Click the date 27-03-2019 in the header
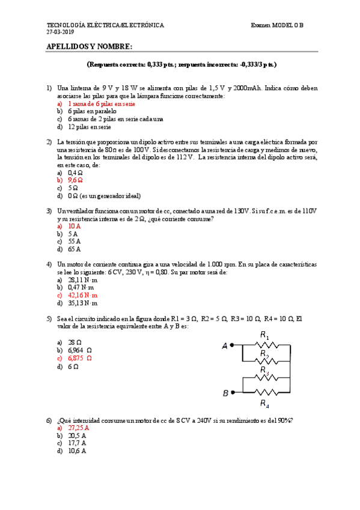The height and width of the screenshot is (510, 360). pos(58,32)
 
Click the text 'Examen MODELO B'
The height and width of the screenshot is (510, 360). pos(278,25)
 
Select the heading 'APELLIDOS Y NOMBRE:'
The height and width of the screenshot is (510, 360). pos(90,47)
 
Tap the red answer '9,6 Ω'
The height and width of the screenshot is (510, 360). pos(75,180)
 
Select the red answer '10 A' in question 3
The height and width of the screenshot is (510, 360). pos(75,227)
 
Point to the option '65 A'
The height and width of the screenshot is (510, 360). pos(75,249)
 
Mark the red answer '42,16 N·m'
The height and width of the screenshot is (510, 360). pos(82,295)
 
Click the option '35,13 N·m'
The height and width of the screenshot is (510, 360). pos(82,303)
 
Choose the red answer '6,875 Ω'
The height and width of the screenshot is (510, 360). pos(80,358)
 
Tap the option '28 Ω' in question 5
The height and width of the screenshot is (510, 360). pos(75,342)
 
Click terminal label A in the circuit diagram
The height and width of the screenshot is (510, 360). pos(225,346)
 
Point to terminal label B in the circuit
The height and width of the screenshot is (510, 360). pos(225,393)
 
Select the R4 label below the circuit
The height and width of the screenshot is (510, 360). pos(264,403)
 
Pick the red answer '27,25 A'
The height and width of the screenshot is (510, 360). pos(78,428)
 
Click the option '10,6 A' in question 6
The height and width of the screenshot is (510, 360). pos(77,450)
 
